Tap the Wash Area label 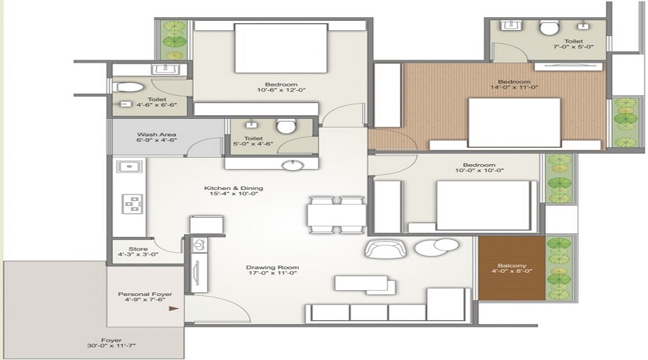(x=156, y=135)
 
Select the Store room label (x=138, y=249)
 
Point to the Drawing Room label (x=272, y=268)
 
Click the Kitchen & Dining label (x=235, y=189)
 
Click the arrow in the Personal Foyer (x=173, y=308)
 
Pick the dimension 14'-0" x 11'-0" (x=514, y=89)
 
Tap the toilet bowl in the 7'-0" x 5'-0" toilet (x=549, y=28)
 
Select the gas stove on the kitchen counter (x=132, y=204)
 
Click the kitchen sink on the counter (x=130, y=167)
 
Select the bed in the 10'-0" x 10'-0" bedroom (x=484, y=204)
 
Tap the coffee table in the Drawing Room (x=364, y=283)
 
